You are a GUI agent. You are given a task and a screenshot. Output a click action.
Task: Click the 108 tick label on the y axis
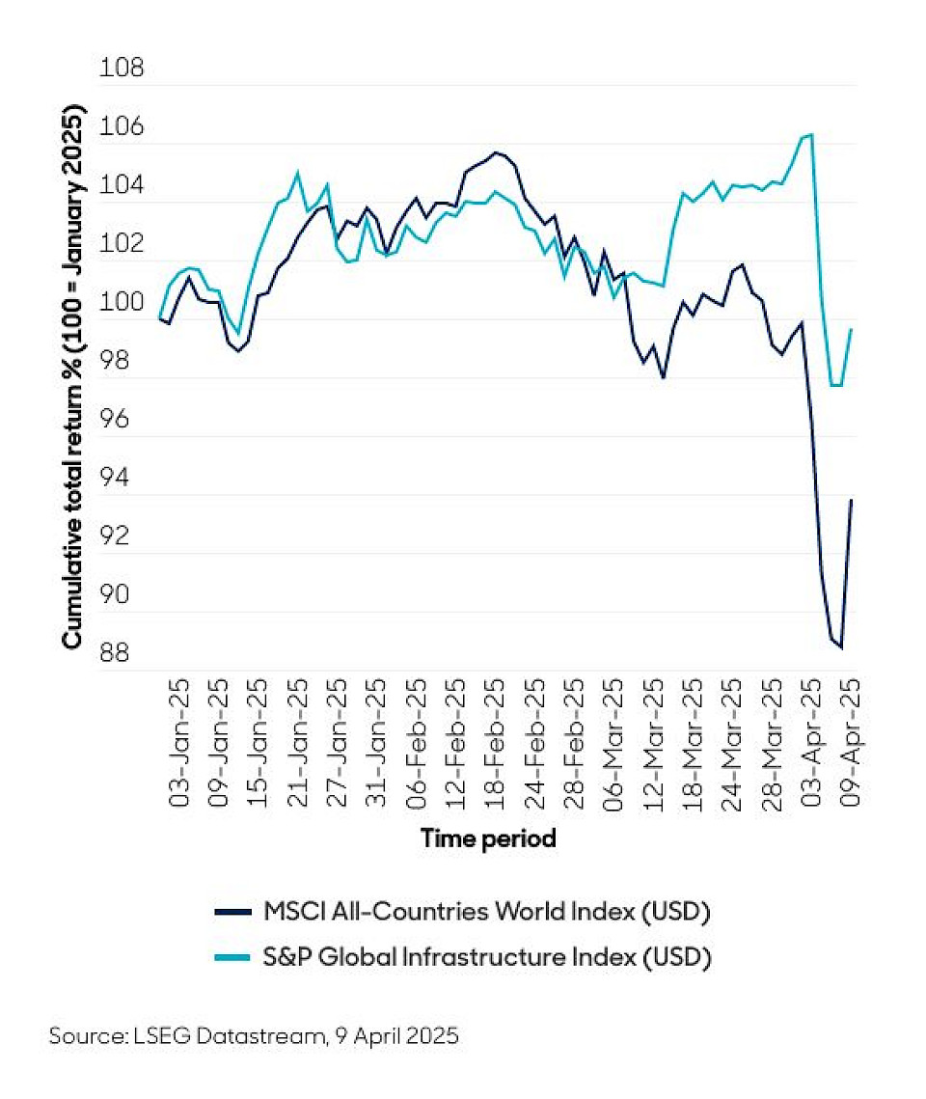122,69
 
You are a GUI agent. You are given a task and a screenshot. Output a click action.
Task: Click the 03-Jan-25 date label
180,742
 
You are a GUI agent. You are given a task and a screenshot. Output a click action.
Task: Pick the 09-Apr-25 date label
853,742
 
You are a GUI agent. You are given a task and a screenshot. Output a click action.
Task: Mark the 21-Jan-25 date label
299,742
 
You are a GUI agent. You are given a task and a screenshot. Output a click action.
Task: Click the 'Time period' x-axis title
489,838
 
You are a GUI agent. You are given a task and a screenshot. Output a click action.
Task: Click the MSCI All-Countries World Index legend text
487,911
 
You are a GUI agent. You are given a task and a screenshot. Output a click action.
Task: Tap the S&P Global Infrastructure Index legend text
487,957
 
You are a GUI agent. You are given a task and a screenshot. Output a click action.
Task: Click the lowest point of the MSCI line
841,647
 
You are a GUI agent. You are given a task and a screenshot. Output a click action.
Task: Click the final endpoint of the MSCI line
852,499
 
